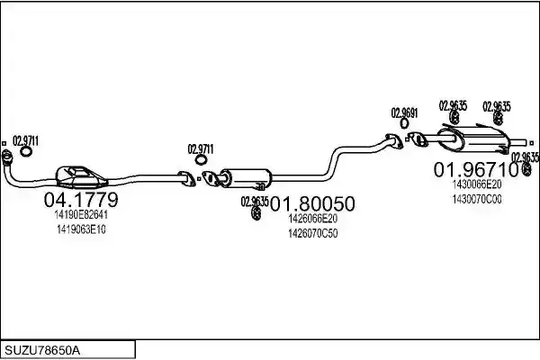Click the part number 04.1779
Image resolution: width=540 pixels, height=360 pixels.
click(x=81, y=200)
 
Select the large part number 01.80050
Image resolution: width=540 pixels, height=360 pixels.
click(x=312, y=203)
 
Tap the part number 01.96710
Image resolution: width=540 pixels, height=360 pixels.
click(x=476, y=169)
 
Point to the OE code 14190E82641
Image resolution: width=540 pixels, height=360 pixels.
click(x=81, y=215)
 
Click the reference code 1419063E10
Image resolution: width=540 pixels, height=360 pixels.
click(x=81, y=229)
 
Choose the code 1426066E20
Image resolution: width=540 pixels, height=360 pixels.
click(x=312, y=219)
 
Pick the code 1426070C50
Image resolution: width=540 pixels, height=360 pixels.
click(x=312, y=234)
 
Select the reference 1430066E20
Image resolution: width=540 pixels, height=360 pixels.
click(x=477, y=184)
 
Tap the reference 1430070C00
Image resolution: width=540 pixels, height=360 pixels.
click(x=477, y=200)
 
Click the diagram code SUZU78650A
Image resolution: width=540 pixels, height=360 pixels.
click(x=42, y=351)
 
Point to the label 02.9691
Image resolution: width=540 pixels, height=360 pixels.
click(x=404, y=113)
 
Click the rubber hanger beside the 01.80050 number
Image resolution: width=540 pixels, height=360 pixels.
click(x=256, y=213)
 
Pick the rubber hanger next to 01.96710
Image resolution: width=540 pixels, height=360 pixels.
click(x=526, y=168)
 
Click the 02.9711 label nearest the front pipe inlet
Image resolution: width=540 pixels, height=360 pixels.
click(x=25, y=141)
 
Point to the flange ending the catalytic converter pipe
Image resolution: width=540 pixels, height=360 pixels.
click(x=186, y=179)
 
